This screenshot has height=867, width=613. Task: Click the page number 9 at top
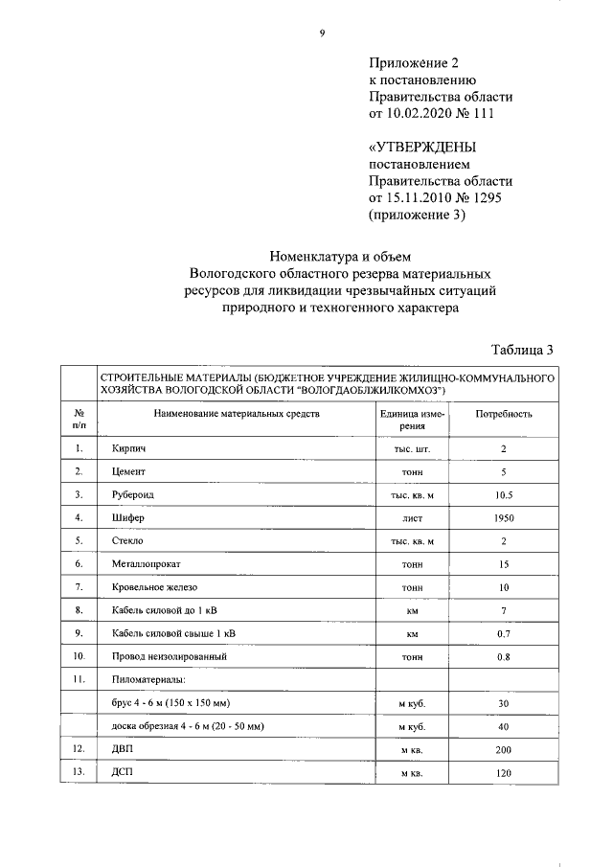[323, 34]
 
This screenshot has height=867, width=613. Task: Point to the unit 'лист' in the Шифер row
[412, 517]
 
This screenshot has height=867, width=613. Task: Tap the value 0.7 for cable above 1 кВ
[504, 633]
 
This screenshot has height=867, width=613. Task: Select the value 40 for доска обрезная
[504, 726]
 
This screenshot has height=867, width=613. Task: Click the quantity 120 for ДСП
[504, 772]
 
